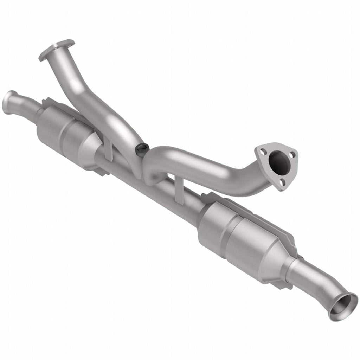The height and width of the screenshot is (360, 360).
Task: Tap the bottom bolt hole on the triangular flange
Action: pos(283,182)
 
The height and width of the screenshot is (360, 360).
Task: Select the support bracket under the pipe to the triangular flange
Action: pos(179,188)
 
